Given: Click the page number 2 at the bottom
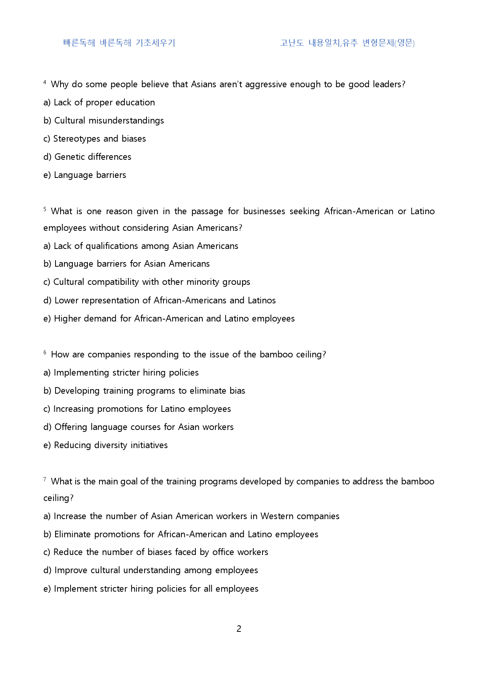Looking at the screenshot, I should pos(239,629).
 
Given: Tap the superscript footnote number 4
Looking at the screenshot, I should pos(45,82).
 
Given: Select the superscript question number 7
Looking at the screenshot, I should pos(45,479).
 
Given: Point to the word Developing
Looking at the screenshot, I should pos(77,391).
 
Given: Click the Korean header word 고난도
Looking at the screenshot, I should pos(292,42).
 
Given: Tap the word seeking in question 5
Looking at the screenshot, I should pos(305,211).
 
